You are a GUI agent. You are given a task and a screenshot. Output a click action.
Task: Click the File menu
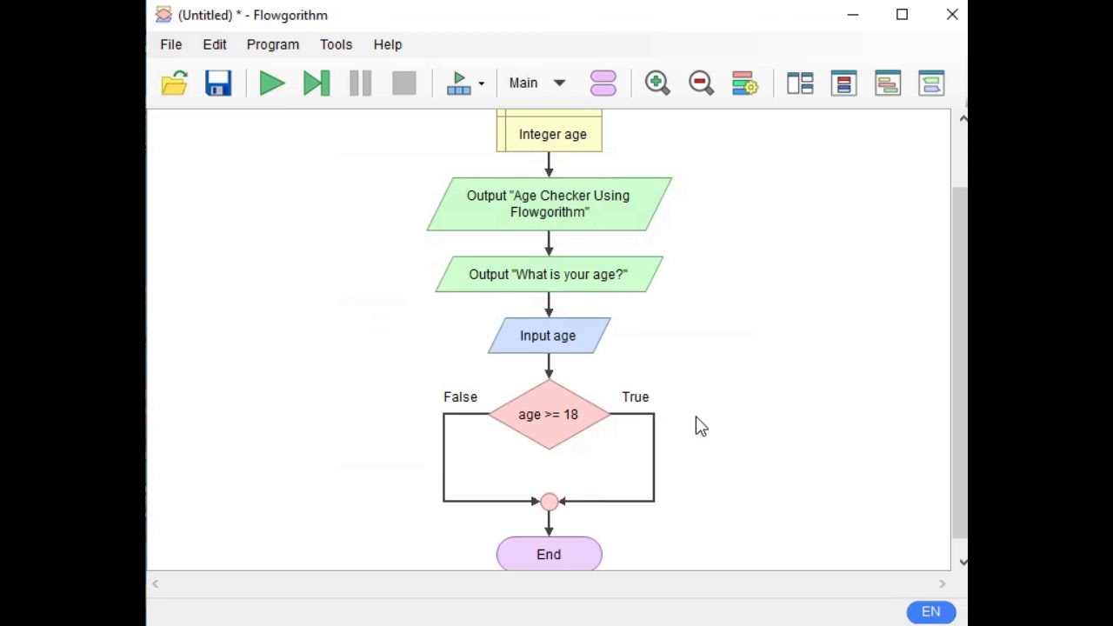170,44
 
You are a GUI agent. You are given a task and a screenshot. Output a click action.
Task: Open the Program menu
272,44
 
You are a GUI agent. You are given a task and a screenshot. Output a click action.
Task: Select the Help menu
387,44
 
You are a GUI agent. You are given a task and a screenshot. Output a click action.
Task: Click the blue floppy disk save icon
218,83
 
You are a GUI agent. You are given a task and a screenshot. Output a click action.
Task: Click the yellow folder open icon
175,83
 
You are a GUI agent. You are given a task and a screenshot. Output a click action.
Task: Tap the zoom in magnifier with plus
657,83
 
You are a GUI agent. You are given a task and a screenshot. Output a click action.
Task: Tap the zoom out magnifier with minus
701,83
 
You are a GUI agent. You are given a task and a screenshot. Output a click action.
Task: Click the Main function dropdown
537,83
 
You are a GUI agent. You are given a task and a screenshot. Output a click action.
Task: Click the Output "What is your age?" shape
549,275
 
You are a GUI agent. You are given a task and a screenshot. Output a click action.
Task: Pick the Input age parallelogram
549,336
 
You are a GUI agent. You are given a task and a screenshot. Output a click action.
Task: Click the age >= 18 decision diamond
549,415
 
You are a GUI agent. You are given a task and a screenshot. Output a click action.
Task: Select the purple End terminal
549,555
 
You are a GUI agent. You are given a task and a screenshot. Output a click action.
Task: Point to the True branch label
635,396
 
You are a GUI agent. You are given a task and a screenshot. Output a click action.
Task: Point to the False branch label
460,396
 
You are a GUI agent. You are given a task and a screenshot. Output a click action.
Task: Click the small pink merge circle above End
549,502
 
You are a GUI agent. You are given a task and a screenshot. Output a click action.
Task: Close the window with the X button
952,15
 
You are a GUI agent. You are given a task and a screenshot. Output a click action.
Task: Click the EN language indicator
930,612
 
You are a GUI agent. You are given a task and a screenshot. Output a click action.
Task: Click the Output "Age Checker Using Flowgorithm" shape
549,204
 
